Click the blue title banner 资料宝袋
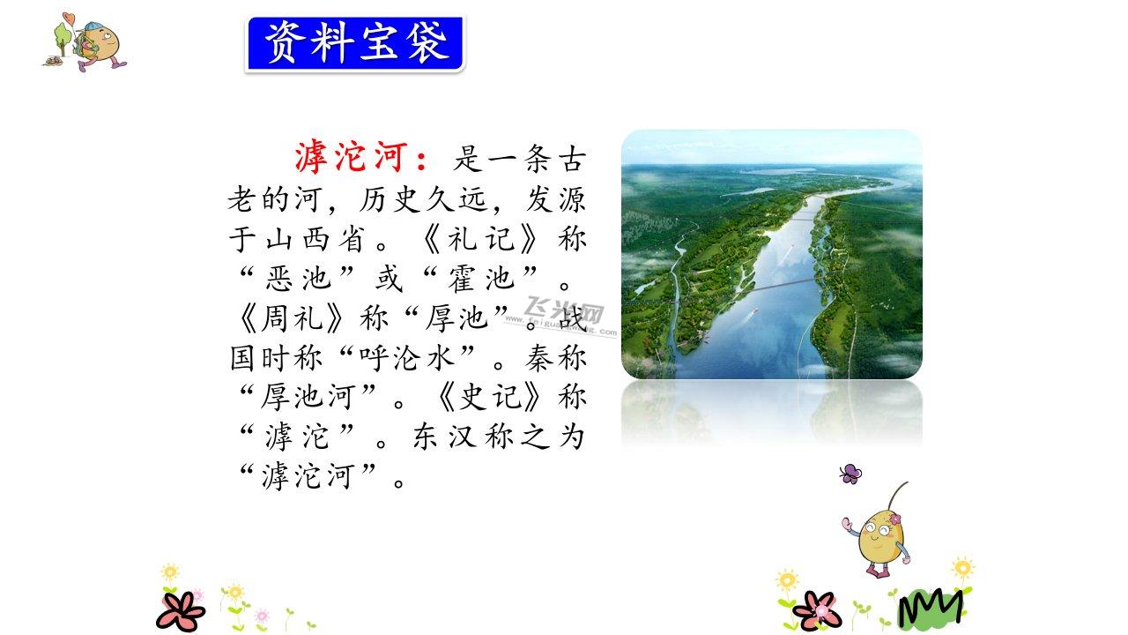(x=355, y=44)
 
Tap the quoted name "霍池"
(x=481, y=278)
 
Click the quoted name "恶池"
(x=298, y=278)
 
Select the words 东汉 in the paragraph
(x=444, y=437)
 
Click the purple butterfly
(x=850, y=474)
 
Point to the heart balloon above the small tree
(x=69, y=19)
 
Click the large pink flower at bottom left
(x=181, y=611)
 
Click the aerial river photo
(x=771, y=254)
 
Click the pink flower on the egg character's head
(x=894, y=519)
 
